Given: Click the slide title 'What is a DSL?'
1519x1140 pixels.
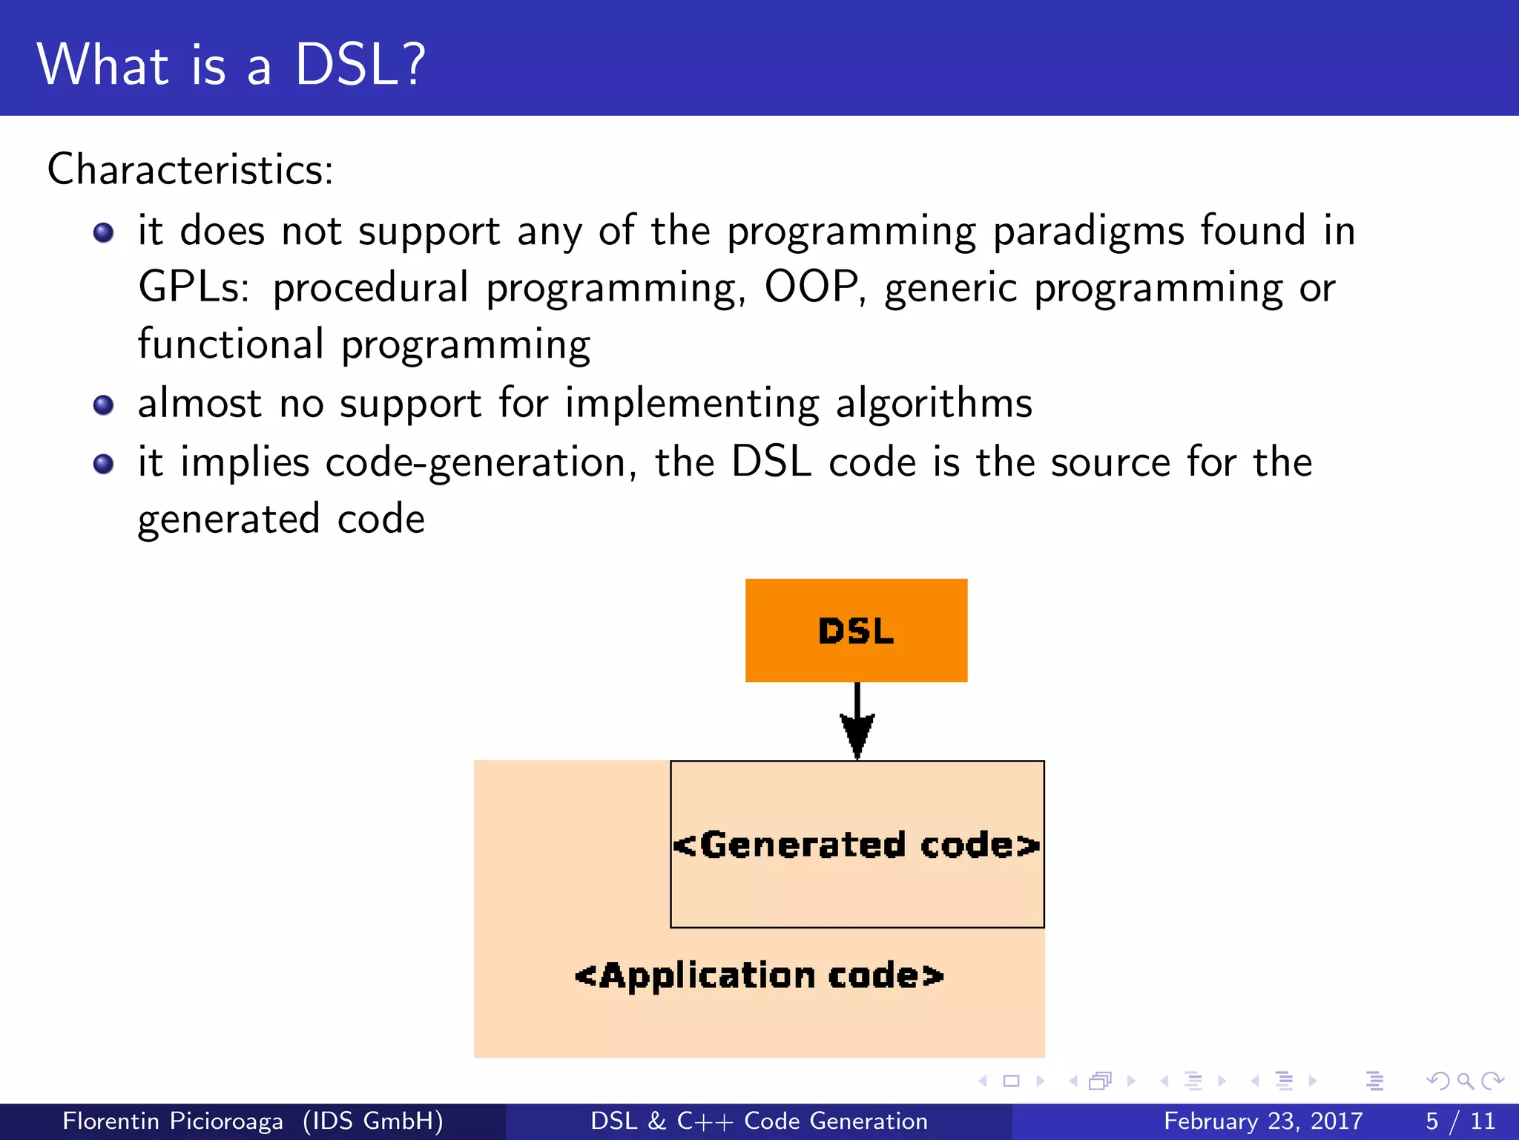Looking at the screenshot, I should pos(231,65).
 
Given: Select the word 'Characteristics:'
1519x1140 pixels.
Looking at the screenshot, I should pos(190,169).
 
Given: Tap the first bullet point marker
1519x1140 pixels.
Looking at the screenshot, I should pos(103,233).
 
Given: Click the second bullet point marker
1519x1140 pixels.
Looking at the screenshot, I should pos(103,405).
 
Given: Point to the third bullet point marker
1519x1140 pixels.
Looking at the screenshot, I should pos(103,465).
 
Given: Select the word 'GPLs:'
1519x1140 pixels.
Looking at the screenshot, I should pos(194,287).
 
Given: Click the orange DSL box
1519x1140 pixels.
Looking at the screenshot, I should pos(856,630).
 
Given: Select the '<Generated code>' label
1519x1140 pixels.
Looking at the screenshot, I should pos(857,845).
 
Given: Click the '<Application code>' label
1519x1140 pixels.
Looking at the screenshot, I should pos(759,975).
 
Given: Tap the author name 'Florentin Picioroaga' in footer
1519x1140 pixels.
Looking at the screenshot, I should pos(172,1121).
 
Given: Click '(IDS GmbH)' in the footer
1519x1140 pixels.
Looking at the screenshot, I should pos(373,1121).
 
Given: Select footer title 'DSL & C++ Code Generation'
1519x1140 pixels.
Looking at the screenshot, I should pos(759,1121).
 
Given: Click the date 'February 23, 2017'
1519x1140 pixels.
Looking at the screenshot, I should pos(1263,1121).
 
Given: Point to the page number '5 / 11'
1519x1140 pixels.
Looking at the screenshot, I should pos(1460,1121).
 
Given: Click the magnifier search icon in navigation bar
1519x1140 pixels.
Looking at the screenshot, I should pos(1465,1081).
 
